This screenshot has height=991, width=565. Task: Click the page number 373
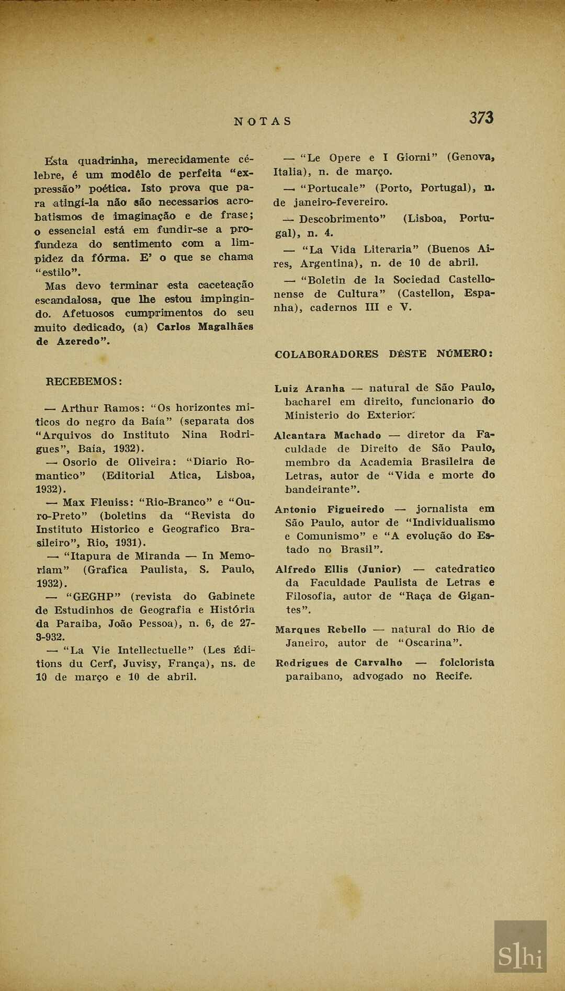point(481,118)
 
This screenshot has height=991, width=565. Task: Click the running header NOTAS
point(263,121)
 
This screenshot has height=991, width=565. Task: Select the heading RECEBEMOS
point(84,381)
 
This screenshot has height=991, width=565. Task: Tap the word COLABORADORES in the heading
point(326,354)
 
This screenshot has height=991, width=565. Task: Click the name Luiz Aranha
point(310,389)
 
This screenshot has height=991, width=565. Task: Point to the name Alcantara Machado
point(327,435)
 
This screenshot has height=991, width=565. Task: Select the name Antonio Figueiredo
point(330,509)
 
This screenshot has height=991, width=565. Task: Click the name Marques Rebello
point(321,630)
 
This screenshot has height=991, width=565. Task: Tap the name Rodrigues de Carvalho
point(339,663)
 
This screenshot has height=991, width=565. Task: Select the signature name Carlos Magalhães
point(205,327)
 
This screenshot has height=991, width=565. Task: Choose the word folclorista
point(467,663)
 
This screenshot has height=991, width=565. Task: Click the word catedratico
point(465,569)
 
